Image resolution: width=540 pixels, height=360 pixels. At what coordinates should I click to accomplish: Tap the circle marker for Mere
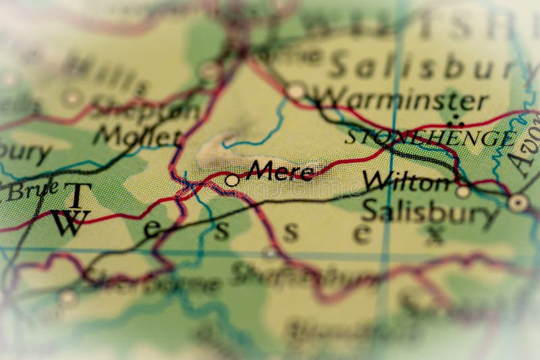point(232,180)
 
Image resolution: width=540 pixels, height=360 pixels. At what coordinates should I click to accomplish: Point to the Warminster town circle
point(295,90)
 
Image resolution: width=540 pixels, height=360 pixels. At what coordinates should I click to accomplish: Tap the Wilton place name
point(406,181)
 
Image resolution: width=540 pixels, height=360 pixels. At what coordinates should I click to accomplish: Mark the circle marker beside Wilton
point(463,192)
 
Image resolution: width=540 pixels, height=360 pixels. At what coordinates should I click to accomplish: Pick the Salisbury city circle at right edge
point(518,202)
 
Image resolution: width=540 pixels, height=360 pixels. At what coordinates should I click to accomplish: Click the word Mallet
point(138,135)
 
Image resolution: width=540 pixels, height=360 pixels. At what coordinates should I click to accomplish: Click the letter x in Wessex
point(434,234)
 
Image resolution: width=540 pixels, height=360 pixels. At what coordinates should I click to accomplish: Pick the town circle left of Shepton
point(72,97)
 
